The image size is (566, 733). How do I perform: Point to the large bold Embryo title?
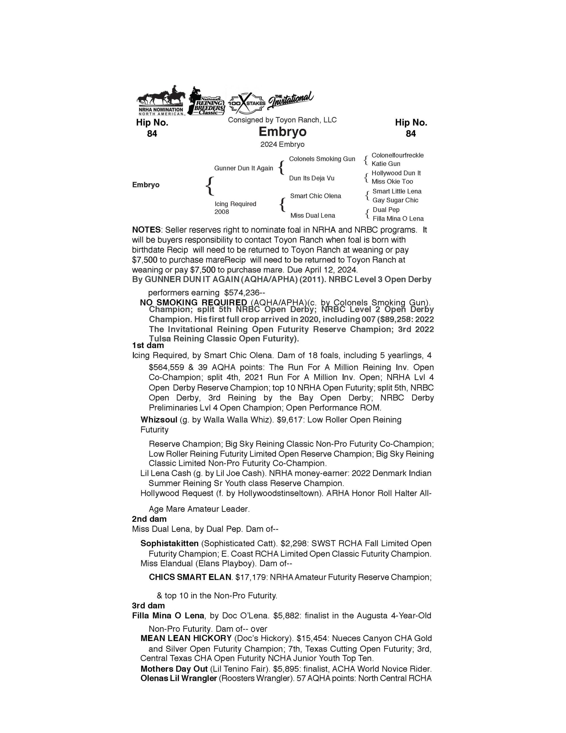point(282,131)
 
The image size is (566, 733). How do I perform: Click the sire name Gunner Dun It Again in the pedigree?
point(244,168)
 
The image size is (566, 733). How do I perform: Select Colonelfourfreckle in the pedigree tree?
point(397,155)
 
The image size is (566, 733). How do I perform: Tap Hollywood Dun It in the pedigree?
point(396,173)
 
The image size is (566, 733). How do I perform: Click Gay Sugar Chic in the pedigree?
point(395,200)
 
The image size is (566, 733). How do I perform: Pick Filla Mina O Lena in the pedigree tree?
point(398,219)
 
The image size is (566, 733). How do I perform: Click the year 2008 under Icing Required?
point(222,212)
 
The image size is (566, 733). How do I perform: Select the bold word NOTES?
point(146,230)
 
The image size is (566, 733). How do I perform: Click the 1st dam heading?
point(148,346)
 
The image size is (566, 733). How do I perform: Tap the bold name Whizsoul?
point(159,420)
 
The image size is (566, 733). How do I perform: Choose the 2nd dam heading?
point(149,519)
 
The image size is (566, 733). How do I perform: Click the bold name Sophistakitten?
point(171,543)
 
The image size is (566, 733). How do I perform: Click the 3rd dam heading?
point(149,606)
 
